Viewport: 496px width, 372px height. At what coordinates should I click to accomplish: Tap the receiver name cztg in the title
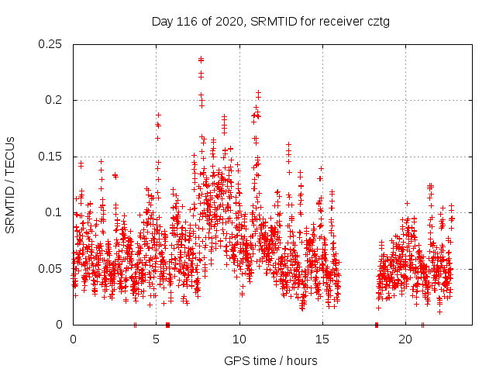pos(376,22)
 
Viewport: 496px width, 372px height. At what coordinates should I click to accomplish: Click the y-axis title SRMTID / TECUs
pos(10,184)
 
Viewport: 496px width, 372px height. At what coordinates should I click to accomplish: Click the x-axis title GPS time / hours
pos(270,360)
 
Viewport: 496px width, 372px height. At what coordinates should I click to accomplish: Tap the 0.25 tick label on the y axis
pos(51,44)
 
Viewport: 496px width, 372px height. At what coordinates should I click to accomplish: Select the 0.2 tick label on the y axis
pos(55,101)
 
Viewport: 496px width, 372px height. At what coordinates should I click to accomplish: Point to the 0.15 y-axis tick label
pos(51,157)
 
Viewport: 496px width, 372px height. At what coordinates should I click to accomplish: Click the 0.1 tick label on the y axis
pos(55,212)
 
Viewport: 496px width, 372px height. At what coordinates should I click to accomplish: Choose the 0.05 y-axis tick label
pos(51,269)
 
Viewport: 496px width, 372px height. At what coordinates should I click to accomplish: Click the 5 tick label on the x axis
pos(157,339)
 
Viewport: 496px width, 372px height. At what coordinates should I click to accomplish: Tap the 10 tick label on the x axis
pos(239,339)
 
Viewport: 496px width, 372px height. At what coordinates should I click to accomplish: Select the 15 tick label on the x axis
pos(322,339)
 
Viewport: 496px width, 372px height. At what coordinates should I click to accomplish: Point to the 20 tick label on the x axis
pos(405,339)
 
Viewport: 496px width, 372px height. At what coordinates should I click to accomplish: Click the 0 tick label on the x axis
pos(73,339)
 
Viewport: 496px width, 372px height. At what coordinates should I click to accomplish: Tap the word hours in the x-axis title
pos(301,360)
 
